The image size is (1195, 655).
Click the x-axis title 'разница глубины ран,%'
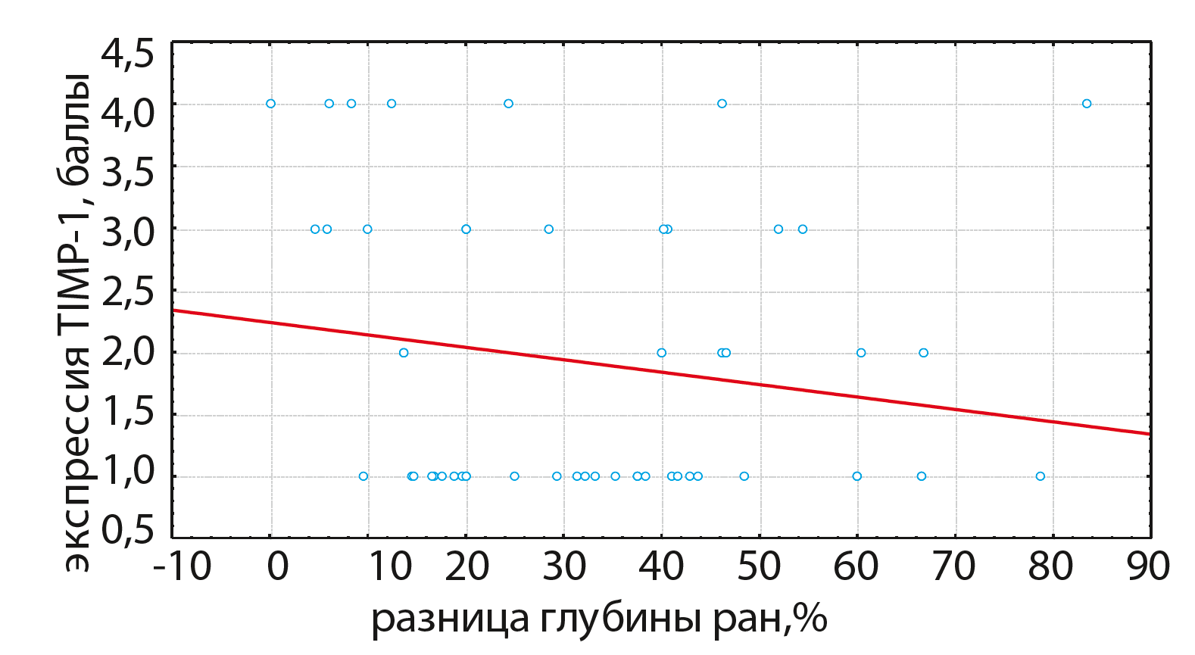pos(598,619)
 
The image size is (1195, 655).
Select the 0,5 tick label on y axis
pos(128,530)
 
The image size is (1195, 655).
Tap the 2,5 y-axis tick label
pos(128,292)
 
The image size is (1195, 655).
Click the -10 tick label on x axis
pos(183,566)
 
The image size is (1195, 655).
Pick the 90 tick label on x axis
pos(1148,566)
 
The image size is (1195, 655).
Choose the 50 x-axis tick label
pos(759,566)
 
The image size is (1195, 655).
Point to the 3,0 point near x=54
pos(803,229)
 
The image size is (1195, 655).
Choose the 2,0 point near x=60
pos(861,353)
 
